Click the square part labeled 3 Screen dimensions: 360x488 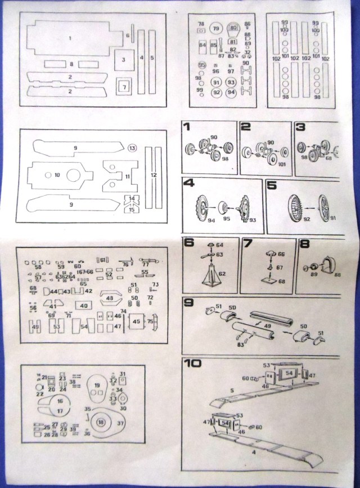point(123,59)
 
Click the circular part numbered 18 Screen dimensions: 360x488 point(101,422)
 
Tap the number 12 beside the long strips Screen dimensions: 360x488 point(154,175)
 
